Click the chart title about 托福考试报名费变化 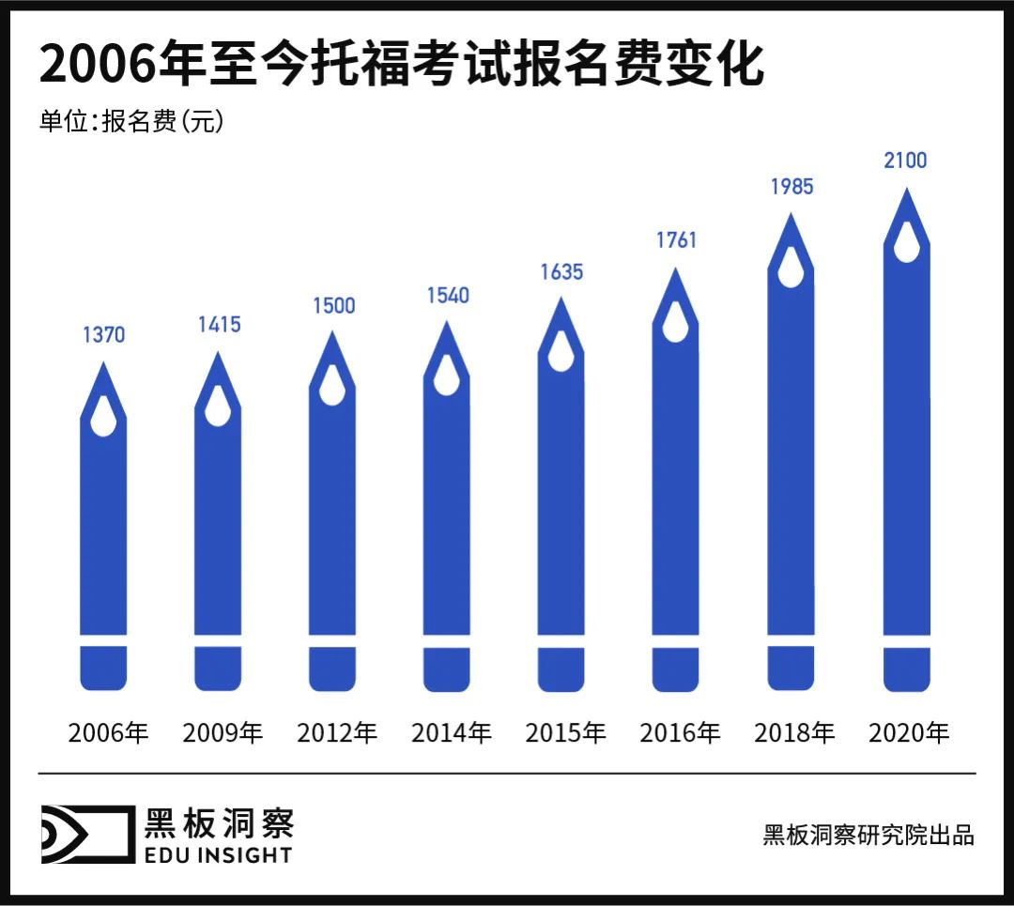pos(401,67)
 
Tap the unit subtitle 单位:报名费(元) pos(131,123)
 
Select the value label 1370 pos(103,335)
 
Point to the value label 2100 pos(905,161)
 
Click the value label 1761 pos(676,240)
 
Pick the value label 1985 pos(791,187)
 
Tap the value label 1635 pos(561,272)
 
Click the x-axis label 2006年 pos(108,732)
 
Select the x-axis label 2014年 pos(452,732)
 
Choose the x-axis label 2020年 pos(909,732)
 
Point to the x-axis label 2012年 pos(337,732)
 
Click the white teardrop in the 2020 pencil pos(907,243)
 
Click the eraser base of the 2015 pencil pos(561,668)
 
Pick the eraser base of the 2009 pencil pos(218,668)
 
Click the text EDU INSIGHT pos(218,853)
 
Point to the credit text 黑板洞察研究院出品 pos(868,835)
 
